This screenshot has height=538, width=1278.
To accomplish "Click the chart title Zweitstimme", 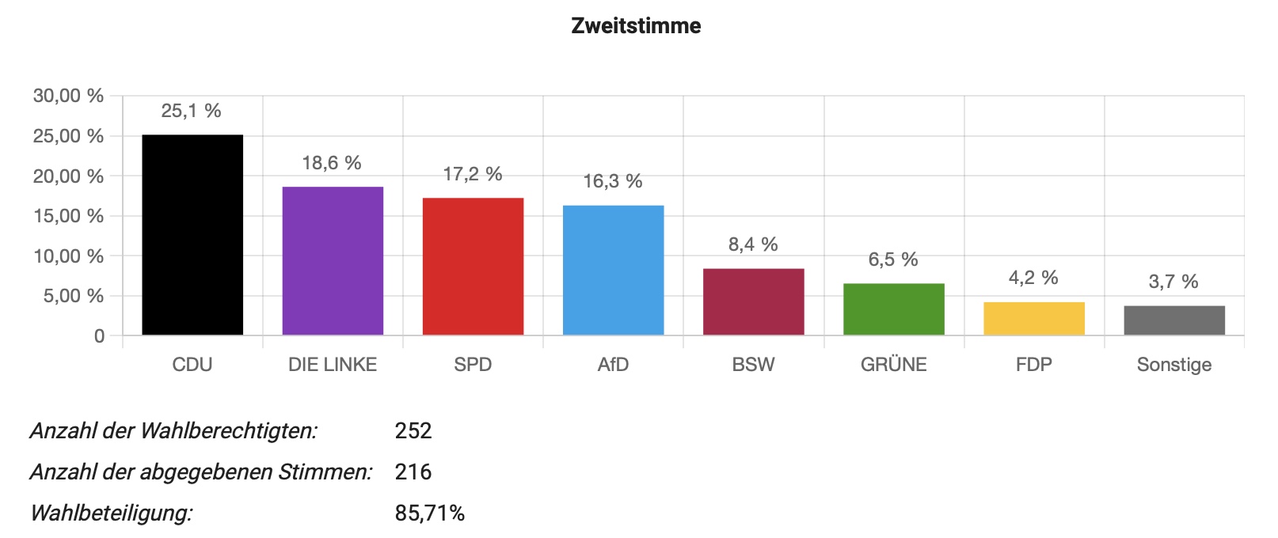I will (x=636, y=26).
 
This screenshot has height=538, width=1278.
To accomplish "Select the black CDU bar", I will (x=192, y=235).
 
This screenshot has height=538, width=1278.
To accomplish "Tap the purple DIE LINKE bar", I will (x=333, y=261).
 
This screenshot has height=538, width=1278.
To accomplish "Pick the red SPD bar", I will (x=473, y=267).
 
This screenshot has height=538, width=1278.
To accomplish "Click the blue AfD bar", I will (x=613, y=271).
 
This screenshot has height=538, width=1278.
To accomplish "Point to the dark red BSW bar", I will (x=753, y=302).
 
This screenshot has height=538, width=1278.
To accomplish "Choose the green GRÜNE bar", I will (x=893, y=309).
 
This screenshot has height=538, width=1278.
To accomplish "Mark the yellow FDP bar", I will (x=1033, y=319).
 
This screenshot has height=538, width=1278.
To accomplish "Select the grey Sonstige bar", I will (x=1173, y=320).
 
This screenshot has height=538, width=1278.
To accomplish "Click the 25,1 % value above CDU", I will (x=191, y=111).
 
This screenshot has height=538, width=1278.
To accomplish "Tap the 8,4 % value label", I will (x=753, y=244).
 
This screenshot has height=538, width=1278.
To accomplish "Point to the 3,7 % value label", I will (x=1173, y=282).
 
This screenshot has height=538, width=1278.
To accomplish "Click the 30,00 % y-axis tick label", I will (x=68, y=96).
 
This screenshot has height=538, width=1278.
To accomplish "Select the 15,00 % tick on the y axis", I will (x=68, y=216).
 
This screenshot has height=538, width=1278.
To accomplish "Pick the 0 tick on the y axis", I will (x=99, y=336).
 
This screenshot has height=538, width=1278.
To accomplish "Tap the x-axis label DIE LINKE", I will (x=333, y=365).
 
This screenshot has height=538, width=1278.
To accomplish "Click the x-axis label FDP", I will (x=1033, y=365).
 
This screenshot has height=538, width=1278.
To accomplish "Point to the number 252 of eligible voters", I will (x=413, y=431).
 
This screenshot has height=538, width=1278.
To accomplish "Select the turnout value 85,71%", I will (x=429, y=513).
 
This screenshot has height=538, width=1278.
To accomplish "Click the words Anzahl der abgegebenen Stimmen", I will (x=201, y=472).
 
